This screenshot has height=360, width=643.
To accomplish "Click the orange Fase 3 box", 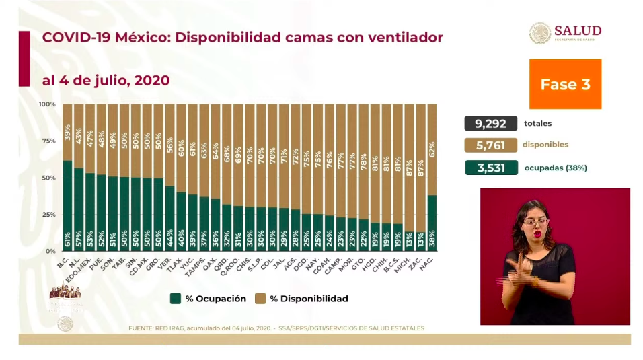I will click(x=565, y=84).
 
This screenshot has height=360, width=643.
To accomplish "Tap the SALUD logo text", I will click(x=578, y=31).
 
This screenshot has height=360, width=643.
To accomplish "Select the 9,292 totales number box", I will click(x=490, y=123).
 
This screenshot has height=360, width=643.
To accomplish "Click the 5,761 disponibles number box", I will click(x=490, y=145).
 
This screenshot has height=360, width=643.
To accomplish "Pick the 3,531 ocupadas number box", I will click(x=490, y=168).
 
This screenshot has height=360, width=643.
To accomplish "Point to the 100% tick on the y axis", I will click(x=47, y=104).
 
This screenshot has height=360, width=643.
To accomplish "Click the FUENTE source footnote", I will click(x=276, y=328).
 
